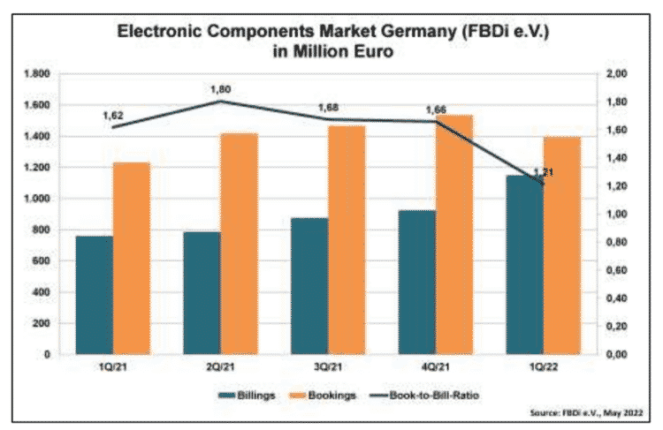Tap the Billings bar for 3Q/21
309,286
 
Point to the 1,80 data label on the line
221,89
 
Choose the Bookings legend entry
330,395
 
